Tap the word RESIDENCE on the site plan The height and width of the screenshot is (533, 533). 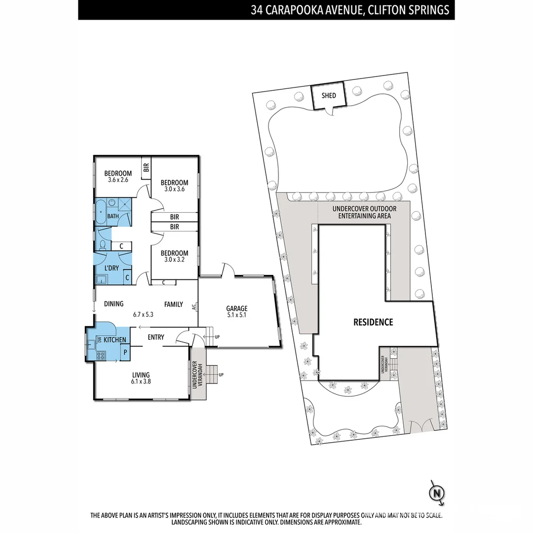tap(373, 322)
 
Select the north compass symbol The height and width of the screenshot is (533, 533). tap(436, 493)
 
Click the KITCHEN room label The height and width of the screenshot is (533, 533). tap(115, 340)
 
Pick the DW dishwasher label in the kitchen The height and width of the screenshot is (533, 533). tap(100, 340)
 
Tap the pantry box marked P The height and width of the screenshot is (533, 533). tap(125, 352)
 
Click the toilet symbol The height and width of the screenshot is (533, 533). tap(103, 245)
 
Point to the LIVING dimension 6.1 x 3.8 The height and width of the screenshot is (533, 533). tap(141, 381)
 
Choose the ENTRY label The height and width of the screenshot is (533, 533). tap(156, 337)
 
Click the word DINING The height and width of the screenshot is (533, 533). tap(114, 304)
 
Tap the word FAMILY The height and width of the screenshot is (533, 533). tap(174, 305)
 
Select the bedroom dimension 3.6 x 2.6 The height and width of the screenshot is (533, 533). tap(117, 180)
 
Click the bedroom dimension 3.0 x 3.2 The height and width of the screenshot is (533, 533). tap(175, 260)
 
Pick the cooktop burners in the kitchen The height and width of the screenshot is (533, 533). tap(101, 354)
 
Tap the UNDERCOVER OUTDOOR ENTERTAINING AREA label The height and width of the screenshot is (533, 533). tap(364, 212)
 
